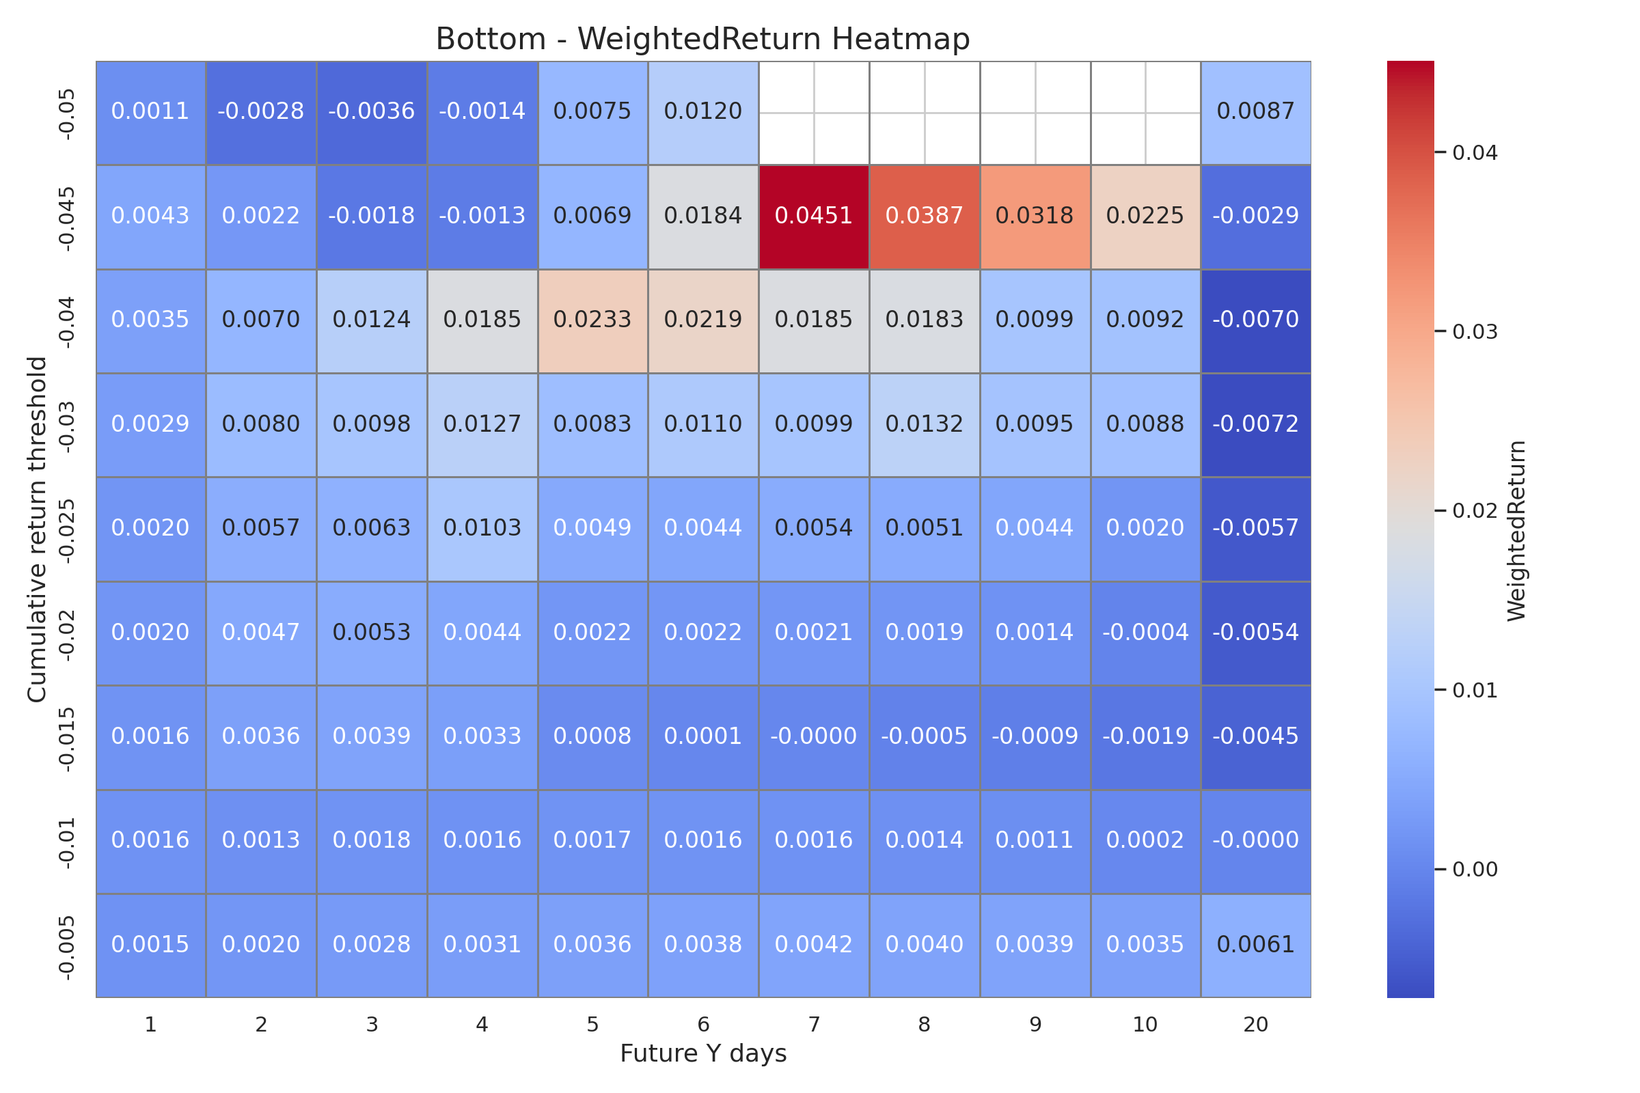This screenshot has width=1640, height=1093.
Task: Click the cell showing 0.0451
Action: [814, 216]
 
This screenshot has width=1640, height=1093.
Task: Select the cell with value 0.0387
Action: [924, 216]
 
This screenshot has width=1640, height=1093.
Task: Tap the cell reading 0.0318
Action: [1035, 216]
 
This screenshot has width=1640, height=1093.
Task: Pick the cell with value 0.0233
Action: [592, 320]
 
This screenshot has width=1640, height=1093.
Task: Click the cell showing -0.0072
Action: [1255, 424]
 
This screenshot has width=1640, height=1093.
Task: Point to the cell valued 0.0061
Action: [1255, 945]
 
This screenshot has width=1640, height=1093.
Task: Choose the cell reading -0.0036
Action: [371, 111]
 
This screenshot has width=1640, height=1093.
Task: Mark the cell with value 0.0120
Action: [703, 111]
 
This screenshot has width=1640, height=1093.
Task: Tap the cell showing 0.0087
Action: [1255, 111]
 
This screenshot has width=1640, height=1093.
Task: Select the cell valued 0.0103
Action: [482, 527]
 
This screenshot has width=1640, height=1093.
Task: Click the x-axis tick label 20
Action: [1255, 1025]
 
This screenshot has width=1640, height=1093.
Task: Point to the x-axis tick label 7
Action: [814, 1025]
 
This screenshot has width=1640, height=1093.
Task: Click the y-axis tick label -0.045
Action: [67, 218]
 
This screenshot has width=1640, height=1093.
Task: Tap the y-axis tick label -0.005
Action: [67, 947]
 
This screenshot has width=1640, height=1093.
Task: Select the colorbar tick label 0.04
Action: [1475, 152]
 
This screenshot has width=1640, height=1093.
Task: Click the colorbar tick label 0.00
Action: [1475, 870]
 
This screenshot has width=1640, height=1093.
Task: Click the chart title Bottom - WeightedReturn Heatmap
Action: [703, 39]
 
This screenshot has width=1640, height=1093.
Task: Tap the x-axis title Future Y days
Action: [703, 1053]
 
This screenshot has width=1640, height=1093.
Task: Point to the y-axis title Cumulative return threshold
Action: [37, 530]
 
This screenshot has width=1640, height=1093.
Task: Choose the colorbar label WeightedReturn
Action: [1516, 531]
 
